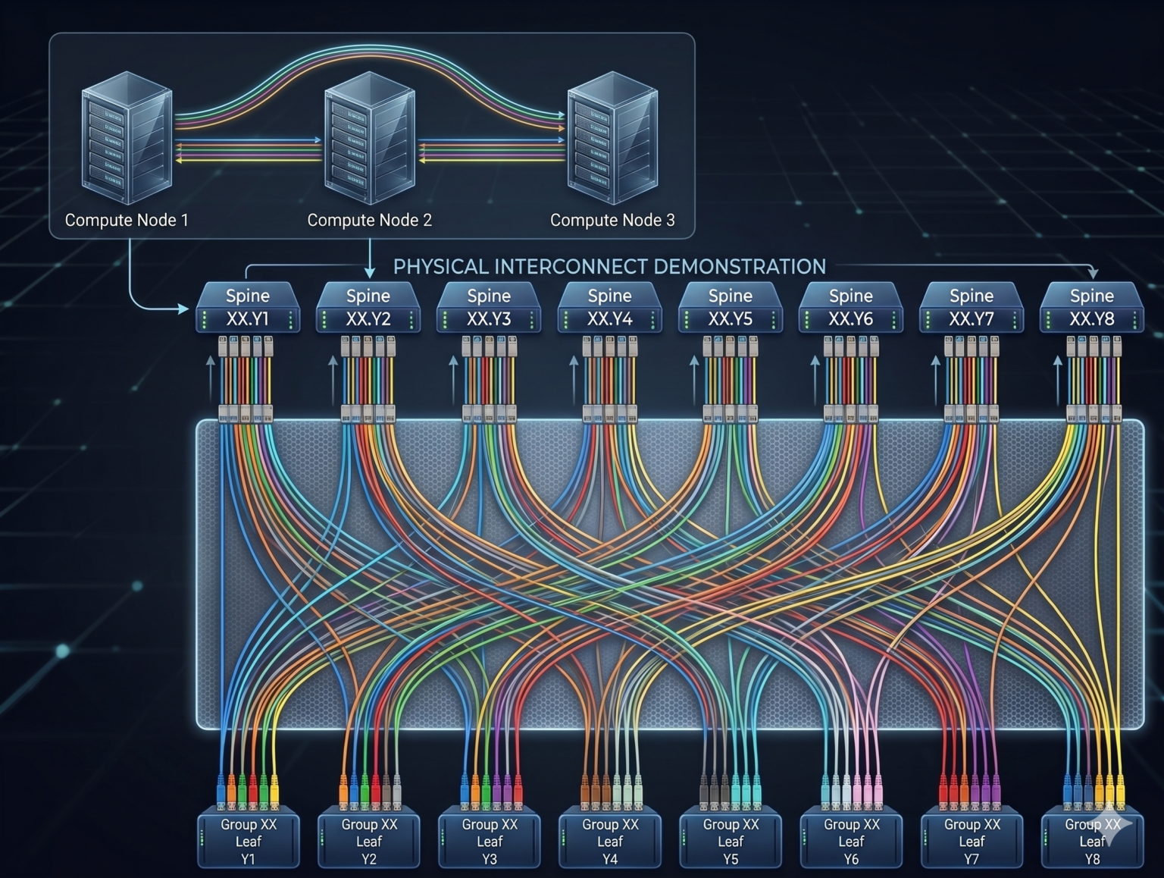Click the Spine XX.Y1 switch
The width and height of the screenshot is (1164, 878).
(248, 307)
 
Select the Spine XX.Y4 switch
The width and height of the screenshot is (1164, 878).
(609, 307)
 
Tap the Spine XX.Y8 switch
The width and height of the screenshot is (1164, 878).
(1091, 307)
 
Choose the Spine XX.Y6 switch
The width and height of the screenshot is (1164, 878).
(850, 307)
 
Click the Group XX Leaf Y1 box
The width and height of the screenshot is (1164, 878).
(248, 840)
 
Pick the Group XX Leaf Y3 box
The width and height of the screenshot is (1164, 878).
(489, 840)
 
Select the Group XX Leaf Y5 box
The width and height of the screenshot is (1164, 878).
(730, 840)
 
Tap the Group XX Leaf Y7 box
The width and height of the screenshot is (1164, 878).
(971, 840)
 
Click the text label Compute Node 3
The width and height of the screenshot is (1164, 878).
(612, 220)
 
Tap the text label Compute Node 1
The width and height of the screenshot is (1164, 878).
(127, 220)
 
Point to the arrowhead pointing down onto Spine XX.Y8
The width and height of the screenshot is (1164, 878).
(1092, 272)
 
